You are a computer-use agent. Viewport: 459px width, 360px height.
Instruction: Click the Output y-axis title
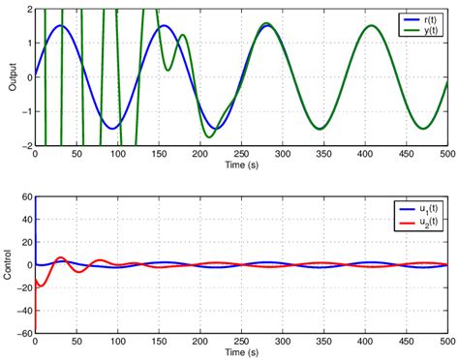[x=13, y=76]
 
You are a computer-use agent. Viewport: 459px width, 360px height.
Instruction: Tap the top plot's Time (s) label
[x=240, y=166]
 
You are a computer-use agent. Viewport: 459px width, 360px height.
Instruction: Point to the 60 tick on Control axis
[x=26, y=196]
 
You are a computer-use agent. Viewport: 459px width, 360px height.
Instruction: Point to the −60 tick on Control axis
[x=23, y=334]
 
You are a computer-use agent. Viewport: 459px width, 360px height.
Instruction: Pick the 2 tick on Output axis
[x=28, y=9]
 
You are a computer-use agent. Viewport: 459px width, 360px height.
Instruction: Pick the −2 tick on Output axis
[x=25, y=146]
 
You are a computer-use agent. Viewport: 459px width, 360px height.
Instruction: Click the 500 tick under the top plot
[x=446, y=156]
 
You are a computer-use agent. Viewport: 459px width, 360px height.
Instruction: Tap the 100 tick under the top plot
[x=117, y=156]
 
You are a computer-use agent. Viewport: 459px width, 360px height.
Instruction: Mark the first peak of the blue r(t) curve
[x=60, y=26]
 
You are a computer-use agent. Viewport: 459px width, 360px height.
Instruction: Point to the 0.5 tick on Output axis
[x=25, y=60]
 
